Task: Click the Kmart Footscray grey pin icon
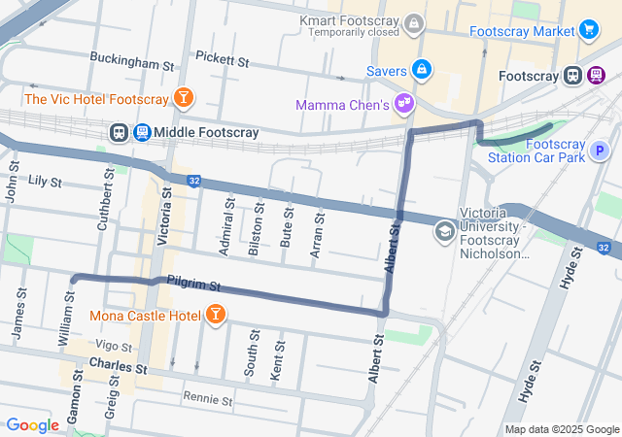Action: (415, 21)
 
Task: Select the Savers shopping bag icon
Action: (422, 70)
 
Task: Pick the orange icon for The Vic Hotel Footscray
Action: (183, 97)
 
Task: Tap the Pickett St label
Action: (222, 61)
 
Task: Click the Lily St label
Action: (45, 182)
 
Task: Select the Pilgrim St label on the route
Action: (194, 286)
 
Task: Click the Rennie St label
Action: (208, 399)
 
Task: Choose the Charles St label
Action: (116, 368)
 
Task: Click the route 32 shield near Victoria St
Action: (194, 181)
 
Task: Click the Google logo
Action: (32, 425)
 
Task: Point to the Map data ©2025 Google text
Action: (562, 429)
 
